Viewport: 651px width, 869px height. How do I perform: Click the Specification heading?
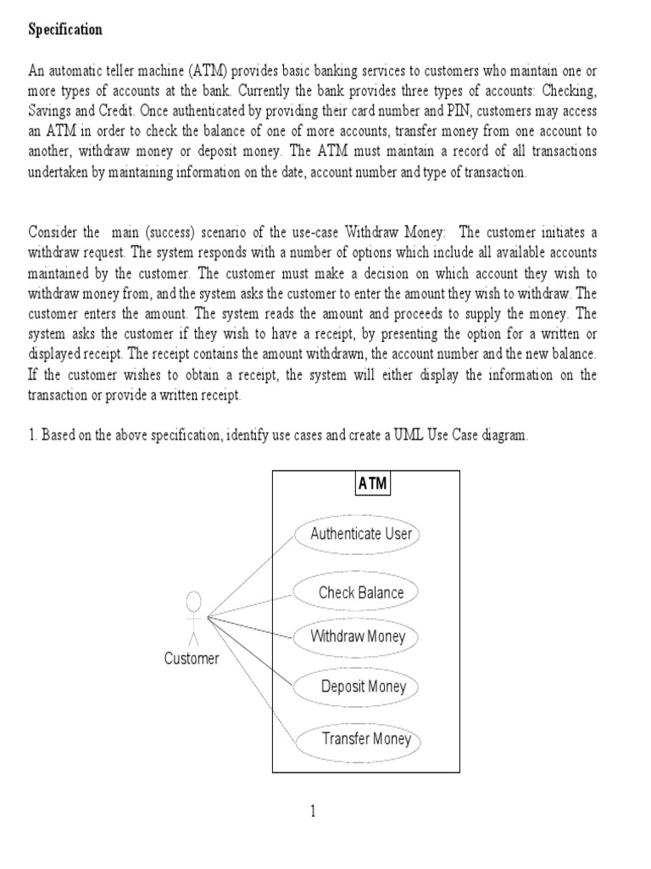click(65, 30)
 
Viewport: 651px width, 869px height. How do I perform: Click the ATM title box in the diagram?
click(372, 484)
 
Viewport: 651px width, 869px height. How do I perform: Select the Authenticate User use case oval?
click(360, 534)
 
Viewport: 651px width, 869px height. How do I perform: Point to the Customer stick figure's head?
click(193, 602)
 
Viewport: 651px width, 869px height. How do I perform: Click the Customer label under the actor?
click(192, 659)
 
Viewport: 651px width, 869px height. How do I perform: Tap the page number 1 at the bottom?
click(313, 812)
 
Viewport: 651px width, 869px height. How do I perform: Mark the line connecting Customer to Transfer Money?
click(254, 679)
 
